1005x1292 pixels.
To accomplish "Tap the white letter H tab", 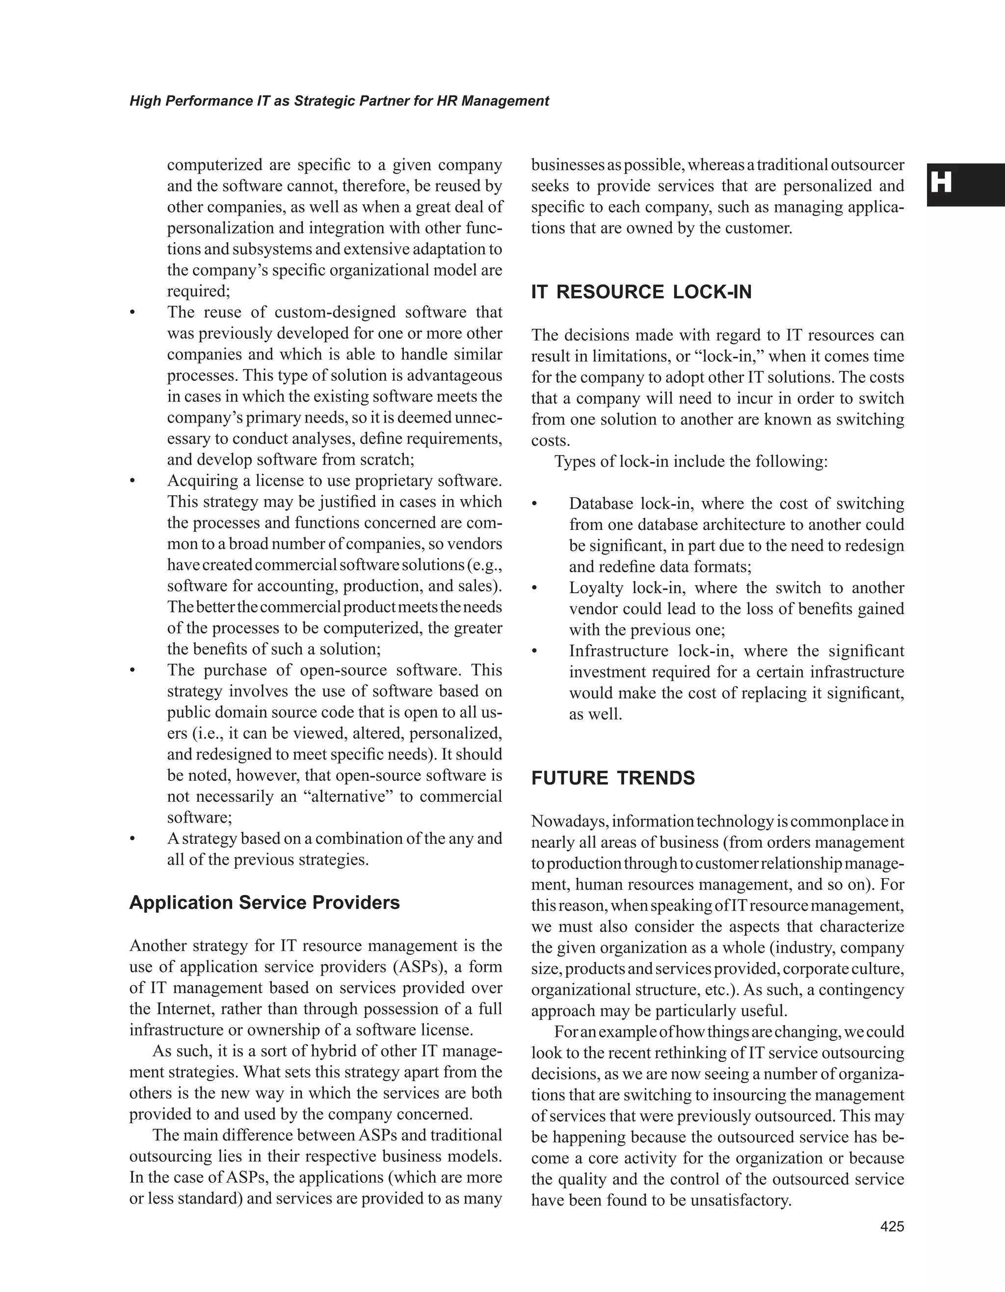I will tap(942, 183).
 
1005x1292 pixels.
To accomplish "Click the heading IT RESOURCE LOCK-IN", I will tap(641, 292).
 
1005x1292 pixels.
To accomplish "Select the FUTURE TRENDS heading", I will tap(613, 778).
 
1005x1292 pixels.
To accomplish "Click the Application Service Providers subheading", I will tap(264, 902).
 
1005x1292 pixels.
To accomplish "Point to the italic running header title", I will tap(339, 101).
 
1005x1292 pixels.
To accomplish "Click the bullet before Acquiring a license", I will tap(132, 481).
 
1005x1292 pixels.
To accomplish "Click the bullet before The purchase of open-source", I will tap(132, 671).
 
